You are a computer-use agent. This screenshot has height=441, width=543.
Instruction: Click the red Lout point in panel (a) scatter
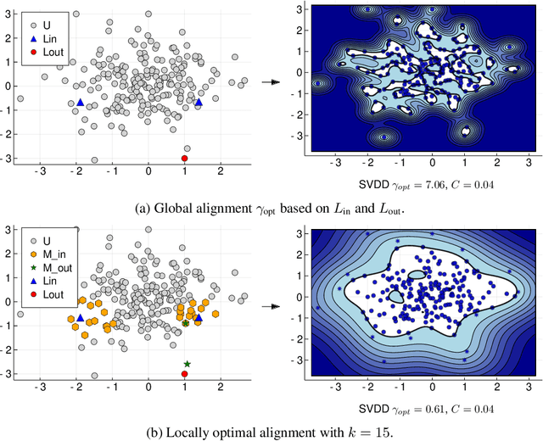pos(185,159)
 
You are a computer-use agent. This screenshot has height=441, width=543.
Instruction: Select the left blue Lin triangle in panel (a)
pos(80,102)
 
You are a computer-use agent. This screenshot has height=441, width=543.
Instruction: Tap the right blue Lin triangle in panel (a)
pos(199,102)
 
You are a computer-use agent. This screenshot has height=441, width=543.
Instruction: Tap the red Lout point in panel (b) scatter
pos(185,374)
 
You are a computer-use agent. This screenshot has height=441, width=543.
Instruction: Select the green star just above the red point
pos(187,364)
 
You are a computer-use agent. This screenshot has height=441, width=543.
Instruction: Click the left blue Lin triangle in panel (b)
pos(80,318)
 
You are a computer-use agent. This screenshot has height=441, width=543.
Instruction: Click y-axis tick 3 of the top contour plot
pos(299,9)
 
